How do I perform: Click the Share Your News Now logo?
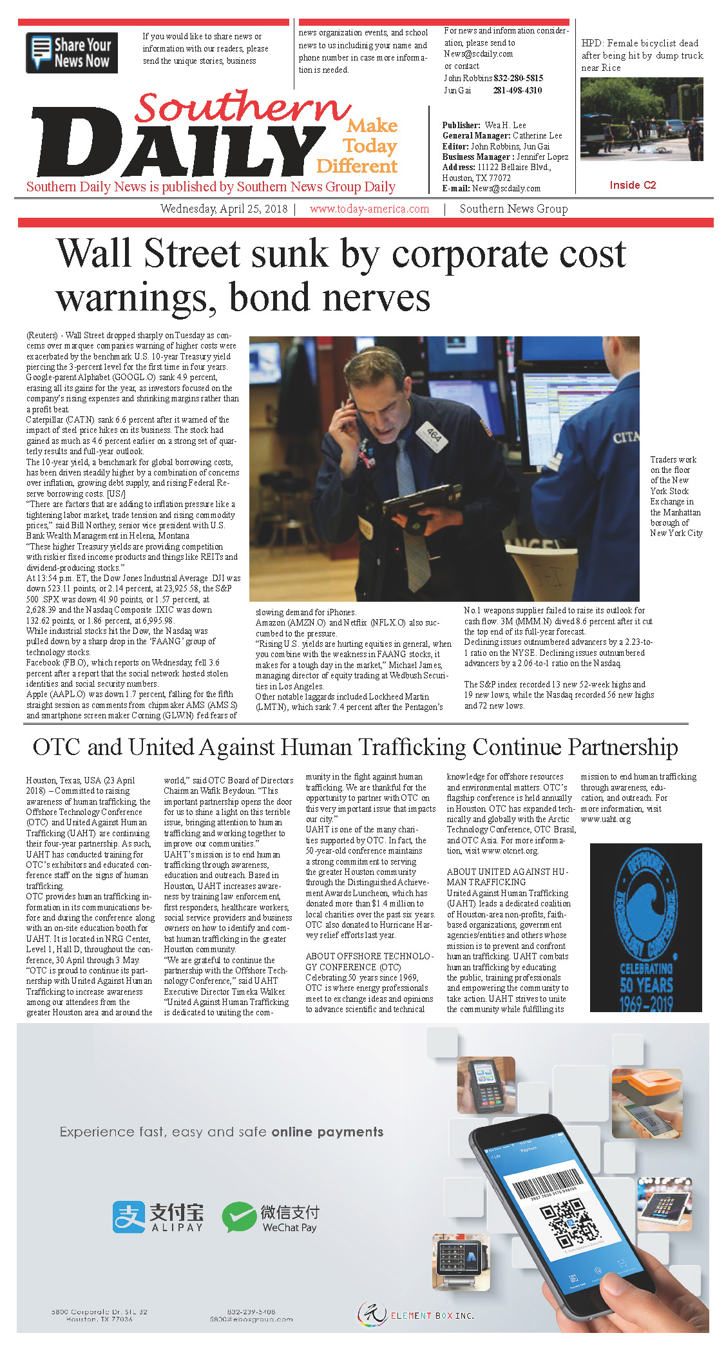(72, 53)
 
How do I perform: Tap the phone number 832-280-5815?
(518, 78)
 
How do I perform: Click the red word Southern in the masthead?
(242, 107)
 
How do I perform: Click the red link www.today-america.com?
(369, 209)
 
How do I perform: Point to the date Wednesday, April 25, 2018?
(224, 209)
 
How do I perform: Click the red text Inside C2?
(633, 186)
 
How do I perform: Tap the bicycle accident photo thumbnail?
(642, 119)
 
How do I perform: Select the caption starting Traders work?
(676, 496)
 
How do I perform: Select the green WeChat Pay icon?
(238, 1216)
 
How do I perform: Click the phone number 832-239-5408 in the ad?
(251, 1311)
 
